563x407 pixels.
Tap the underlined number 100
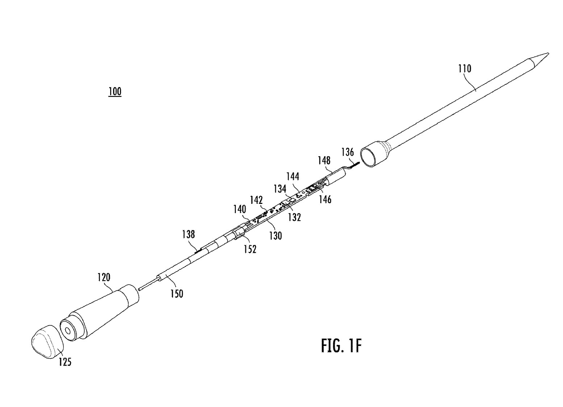115,92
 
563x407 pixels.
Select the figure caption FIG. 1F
341,346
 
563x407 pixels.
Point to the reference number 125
65,361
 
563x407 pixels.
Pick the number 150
177,293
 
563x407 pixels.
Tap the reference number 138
188,234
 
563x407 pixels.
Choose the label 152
250,249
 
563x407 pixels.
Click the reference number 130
275,235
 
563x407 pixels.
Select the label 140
239,209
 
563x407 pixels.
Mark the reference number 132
295,217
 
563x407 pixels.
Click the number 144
293,176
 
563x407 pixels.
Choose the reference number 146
325,199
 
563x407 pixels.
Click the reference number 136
347,151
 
